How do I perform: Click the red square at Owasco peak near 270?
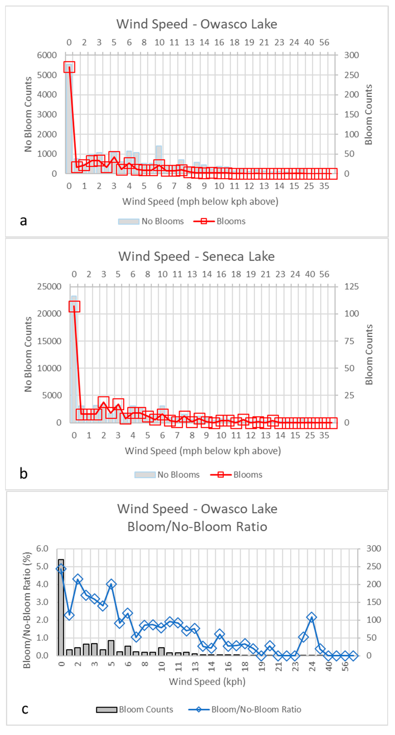pos(69,67)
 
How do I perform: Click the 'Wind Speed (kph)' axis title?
pos(207,682)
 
